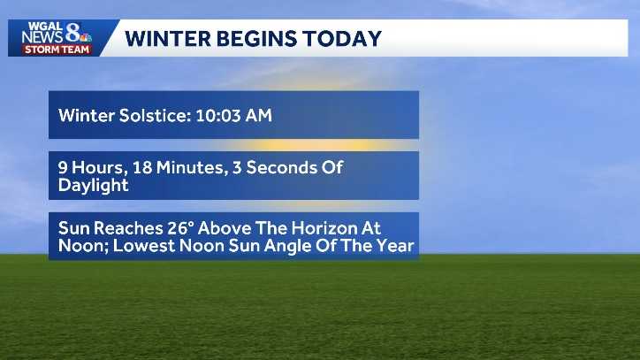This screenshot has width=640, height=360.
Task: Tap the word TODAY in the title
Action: tap(343, 39)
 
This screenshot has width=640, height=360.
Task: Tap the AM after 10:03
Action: tap(258, 115)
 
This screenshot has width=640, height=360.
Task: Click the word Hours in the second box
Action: tap(94, 167)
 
